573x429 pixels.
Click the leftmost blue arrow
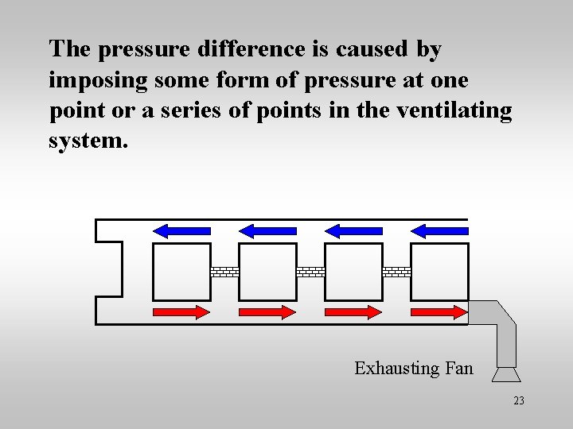[x=181, y=230]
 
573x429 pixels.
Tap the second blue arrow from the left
[x=267, y=230]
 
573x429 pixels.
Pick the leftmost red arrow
[x=181, y=312]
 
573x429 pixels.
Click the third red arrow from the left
[x=353, y=312]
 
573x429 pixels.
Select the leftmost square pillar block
[x=181, y=272]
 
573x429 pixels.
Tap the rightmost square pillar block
[x=439, y=272]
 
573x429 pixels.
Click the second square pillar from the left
[x=267, y=272]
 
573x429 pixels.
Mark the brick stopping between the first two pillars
[x=224, y=272]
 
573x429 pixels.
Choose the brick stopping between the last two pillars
[x=396, y=272]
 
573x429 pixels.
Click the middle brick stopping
[x=310, y=272]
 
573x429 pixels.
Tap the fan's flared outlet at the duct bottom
[x=506, y=373]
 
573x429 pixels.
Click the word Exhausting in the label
[x=396, y=369]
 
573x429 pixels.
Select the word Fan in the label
[x=459, y=369]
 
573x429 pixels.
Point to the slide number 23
[x=519, y=401]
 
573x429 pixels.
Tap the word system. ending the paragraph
[x=88, y=141]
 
